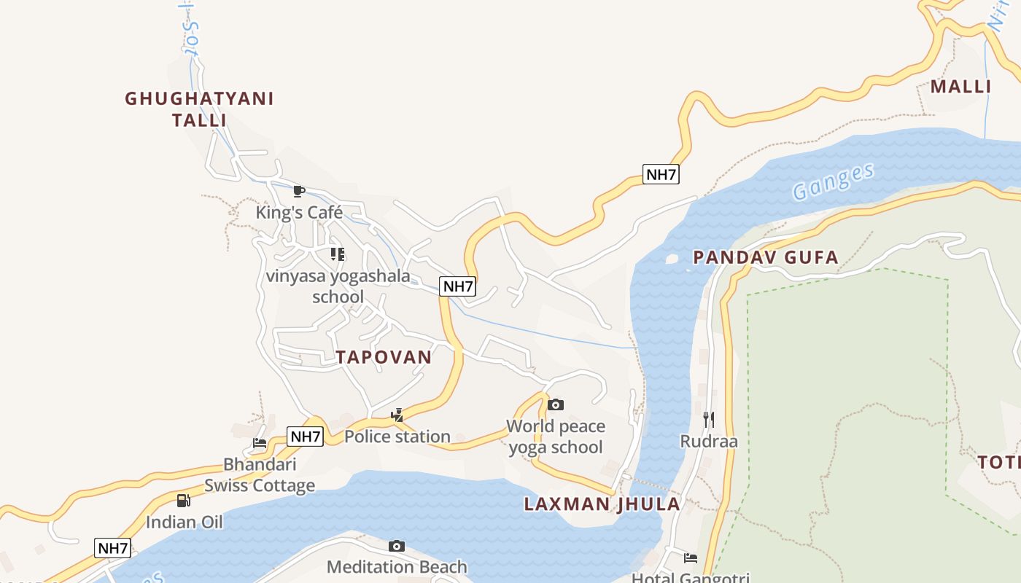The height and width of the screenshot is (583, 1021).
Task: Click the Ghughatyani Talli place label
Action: [199, 109]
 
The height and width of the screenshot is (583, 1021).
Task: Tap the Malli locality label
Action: [960, 87]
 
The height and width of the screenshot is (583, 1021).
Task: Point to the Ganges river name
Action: [833, 181]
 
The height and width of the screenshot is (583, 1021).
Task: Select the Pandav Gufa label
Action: [765, 257]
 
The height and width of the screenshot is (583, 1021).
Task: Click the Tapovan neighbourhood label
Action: [384, 357]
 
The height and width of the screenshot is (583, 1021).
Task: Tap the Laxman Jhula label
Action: [602, 504]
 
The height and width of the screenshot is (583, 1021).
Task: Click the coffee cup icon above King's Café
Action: [298, 191]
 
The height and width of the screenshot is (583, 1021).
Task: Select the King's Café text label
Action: [299, 212]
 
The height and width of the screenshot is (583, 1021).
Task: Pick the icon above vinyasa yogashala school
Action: [337, 254]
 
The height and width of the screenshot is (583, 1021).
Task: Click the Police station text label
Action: [397, 437]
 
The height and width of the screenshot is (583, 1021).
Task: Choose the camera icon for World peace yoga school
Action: [556, 404]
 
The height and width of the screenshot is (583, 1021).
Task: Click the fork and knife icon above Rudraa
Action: [708, 419]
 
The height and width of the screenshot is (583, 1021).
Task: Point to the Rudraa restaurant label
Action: [709, 442]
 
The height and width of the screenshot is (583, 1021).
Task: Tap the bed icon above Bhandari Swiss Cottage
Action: [260, 442]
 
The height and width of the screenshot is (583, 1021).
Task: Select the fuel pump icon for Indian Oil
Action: [184, 501]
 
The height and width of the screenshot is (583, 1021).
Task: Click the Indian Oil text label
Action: [184, 522]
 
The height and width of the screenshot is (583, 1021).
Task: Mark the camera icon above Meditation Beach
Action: [397, 546]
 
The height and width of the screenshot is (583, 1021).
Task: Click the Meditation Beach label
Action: [397, 566]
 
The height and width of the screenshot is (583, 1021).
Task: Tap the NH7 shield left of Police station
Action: [305, 437]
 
